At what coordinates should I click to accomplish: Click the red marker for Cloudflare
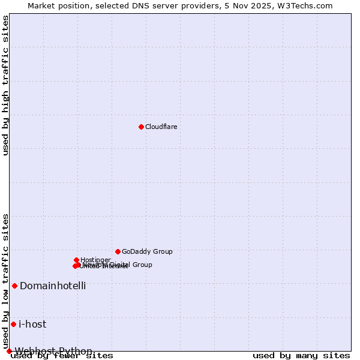[x=141, y=127]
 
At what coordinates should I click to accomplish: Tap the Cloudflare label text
[x=161, y=127]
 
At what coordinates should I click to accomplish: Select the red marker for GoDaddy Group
[x=118, y=251]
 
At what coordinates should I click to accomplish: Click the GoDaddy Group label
[x=147, y=251]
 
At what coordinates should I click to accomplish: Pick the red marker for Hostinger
[x=76, y=260]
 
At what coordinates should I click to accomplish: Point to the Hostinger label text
[x=95, y=260]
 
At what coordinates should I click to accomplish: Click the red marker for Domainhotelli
[x=14, y=286]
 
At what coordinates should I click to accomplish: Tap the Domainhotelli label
[x=53, y=286]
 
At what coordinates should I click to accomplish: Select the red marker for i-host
[x=13, y=324]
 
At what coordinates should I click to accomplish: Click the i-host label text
[x=32, y=324]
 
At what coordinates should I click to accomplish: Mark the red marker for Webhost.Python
[x=9, y=351]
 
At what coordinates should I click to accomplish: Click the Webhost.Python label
[x=53, y=351]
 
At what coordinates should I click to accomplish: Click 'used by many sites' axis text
[x=301, y=356]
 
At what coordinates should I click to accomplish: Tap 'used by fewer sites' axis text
[x=62, y=356]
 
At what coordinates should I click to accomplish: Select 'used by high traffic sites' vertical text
[x=5, y=85]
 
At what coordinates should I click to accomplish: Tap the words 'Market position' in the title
[x=56, y=5]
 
